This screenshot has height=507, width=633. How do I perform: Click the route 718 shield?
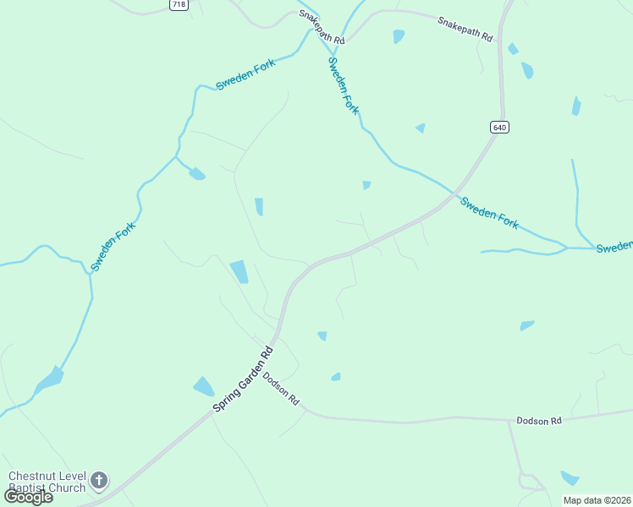coord(179,5)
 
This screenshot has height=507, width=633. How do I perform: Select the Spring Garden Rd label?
coord(244,379)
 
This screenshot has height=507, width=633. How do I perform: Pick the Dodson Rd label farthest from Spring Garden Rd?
coord(539,421)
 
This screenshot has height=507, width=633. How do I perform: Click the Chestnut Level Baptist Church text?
coord(47,482)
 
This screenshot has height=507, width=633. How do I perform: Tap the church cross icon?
coord(99,482)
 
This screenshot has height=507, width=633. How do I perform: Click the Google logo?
coord(28,497)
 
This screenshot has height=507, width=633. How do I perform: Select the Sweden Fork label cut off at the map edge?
coord(614,247)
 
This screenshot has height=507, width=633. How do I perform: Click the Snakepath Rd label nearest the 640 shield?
coord(465,29)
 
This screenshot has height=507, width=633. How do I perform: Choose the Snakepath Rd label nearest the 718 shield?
coord(321,28)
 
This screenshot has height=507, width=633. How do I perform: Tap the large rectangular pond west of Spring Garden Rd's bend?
coord(239,271)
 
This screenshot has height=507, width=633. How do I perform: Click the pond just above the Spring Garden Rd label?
coord(203,387)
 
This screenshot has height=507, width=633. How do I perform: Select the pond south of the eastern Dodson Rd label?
coord(570,478)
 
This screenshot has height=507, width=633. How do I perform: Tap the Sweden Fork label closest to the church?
coord(113,246)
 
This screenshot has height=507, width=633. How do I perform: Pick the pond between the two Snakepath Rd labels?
coord(398,36)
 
